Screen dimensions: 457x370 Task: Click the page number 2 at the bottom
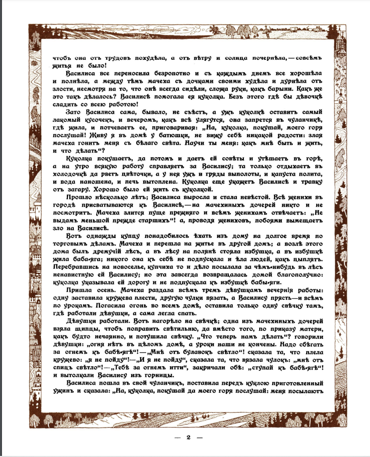point(189,438)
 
